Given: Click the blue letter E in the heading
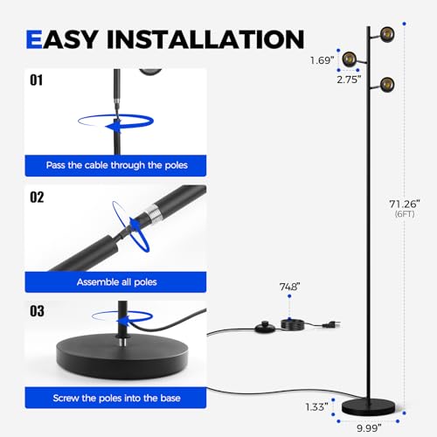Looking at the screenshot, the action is [34, 39].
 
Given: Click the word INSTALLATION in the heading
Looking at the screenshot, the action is [205, 39].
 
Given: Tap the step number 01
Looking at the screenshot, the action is [36, 80].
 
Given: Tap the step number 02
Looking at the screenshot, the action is [37, 198].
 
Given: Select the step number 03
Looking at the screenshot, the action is [37, 311].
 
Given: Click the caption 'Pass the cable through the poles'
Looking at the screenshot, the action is [116, 165].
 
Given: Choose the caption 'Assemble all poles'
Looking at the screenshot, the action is [116, 282].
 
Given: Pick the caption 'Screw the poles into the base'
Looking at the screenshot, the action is [116, 398].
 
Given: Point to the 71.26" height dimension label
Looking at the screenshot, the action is [405, 204].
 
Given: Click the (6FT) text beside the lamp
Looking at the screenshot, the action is [405, 214].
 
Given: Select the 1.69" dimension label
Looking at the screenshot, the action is [322, 60].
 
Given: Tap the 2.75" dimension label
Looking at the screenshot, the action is [349, 80].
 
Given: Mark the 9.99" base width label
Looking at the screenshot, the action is [369, 428].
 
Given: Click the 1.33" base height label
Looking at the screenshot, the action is [316, 407].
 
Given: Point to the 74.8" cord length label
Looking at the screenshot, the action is [289, 287].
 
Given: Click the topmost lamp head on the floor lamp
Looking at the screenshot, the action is [387, 34].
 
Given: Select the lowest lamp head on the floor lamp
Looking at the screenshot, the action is [387, 85].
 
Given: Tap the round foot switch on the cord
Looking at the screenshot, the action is [265, 328].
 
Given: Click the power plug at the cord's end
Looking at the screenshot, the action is [333, 324].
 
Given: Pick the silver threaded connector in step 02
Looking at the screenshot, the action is [151, 213].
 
